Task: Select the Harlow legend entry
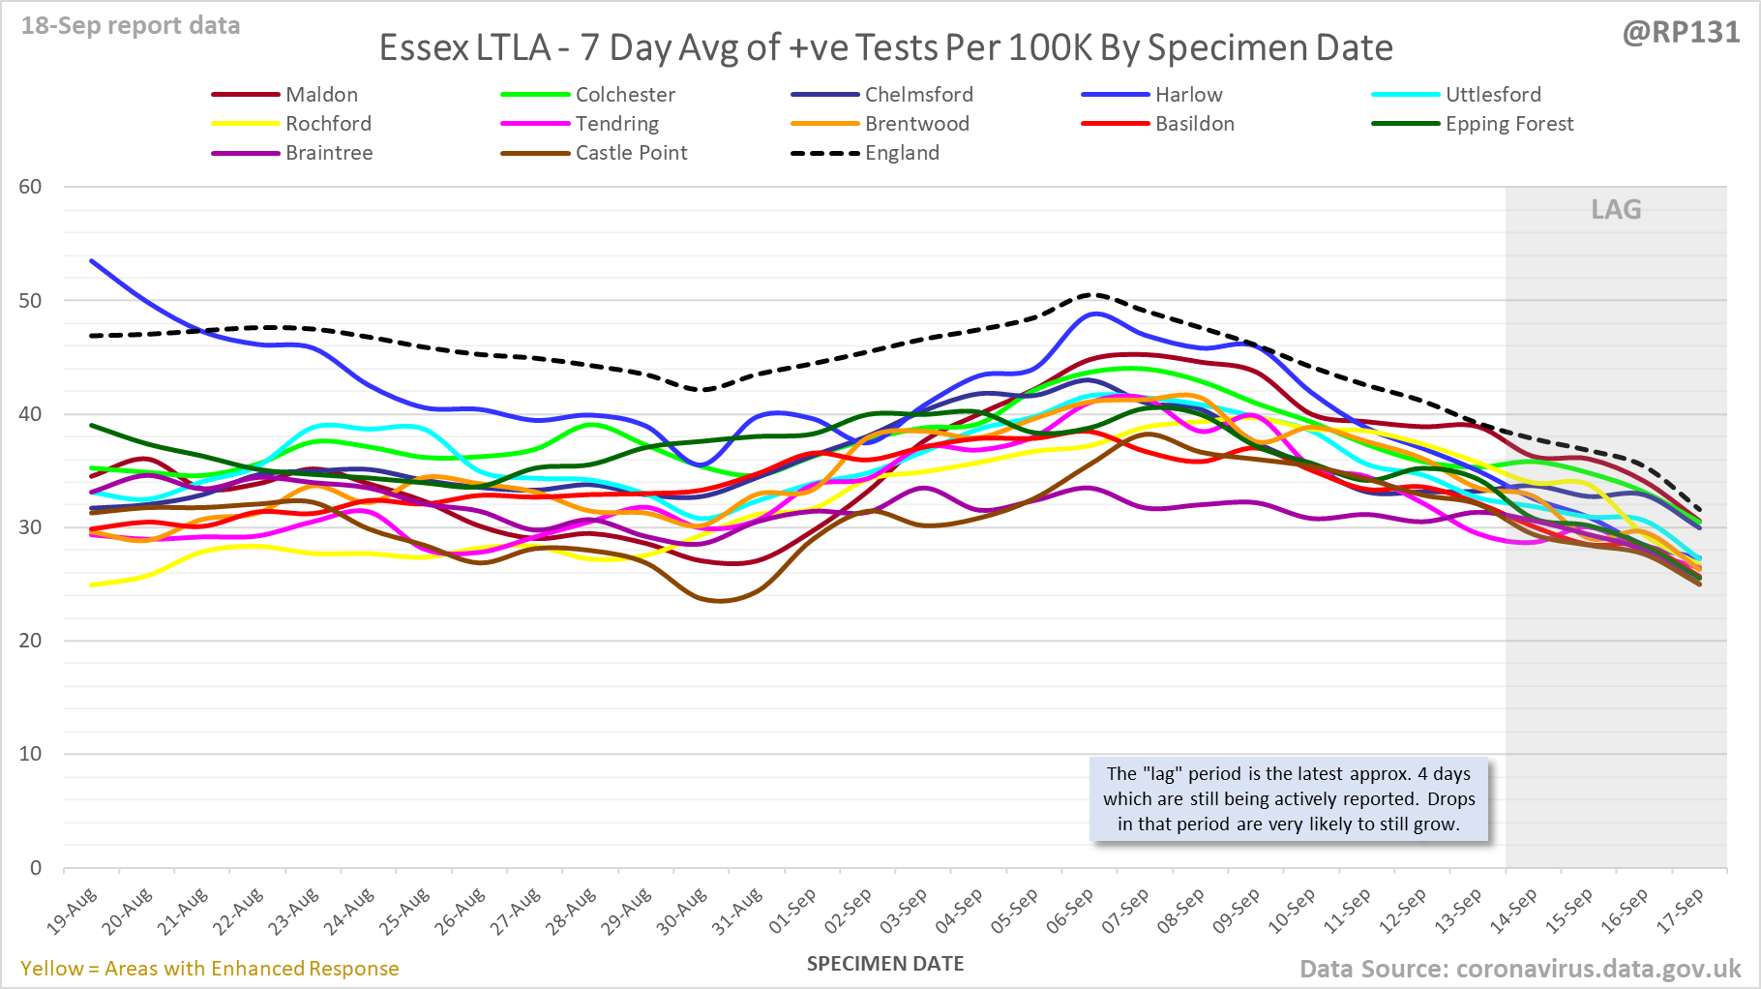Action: tap(1188, 95)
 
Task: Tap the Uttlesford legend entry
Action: tap(1493, 95)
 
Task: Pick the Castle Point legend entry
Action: tap(631, 153)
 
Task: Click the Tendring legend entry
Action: tap(616, 124)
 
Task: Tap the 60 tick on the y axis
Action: tap(31, 187)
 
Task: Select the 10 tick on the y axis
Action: tap(31, 754)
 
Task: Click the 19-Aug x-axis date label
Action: tap(74, 911)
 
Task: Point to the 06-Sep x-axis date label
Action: tap(1070, 911)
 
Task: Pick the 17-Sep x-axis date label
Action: tap(1681, 911)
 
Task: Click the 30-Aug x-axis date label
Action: tap(683, 911)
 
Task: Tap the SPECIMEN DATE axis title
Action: tap(885, 964)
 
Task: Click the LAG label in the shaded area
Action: tap(1616, 210)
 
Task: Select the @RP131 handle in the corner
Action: tap(1681, 33)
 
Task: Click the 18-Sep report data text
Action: tap(131, 26)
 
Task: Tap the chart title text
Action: tap(885, 47)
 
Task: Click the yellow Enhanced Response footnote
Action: tap(210, 969)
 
